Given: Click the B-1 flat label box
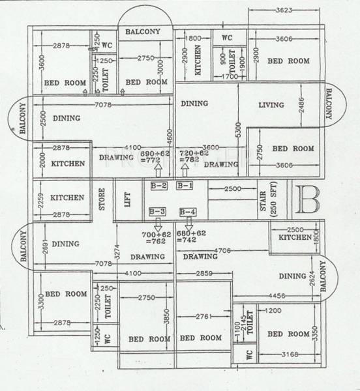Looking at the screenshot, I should click(185, 186).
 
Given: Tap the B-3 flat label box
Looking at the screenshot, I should click(157, 211).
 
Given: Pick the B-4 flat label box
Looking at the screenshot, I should click(188, 211).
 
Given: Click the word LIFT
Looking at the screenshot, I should click(128, 199).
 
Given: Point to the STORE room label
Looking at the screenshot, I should click(102, 199).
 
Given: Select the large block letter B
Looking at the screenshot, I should click(306, 198).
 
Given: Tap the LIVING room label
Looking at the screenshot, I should click(271, 105).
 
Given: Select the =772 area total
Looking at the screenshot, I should click(151, 160).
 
